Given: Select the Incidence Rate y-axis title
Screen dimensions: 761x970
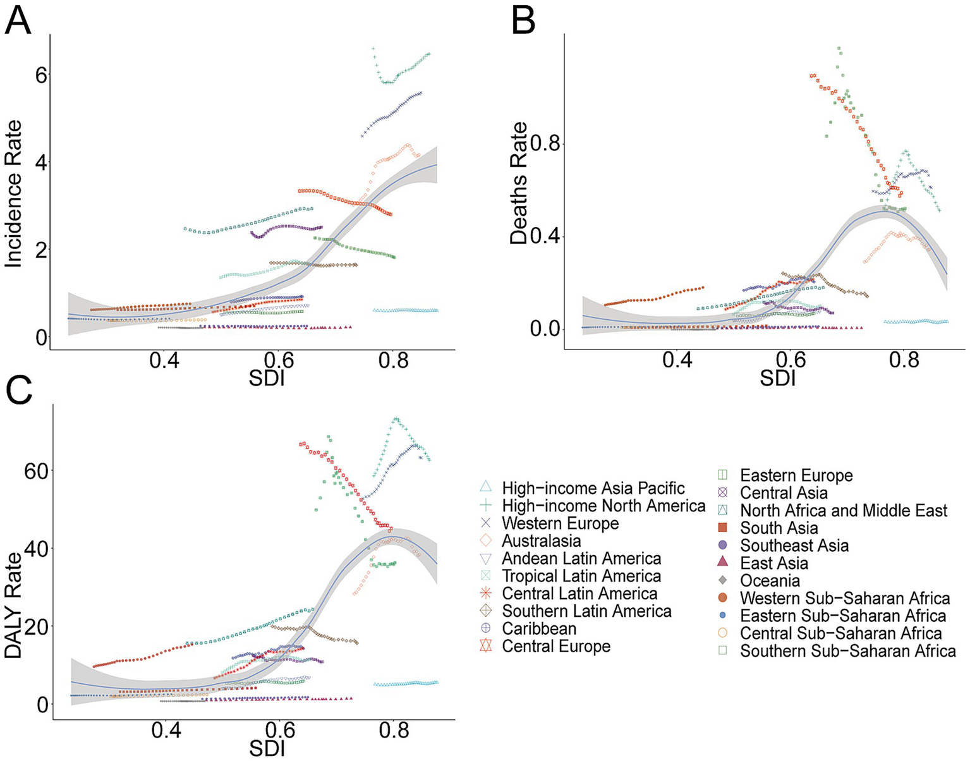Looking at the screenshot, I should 14,193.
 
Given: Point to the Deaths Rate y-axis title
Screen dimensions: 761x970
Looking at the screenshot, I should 519,183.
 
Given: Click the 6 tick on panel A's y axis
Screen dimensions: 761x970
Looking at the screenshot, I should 41,75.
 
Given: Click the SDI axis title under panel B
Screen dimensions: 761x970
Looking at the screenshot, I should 777,379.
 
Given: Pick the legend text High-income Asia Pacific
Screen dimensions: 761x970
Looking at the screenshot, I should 593,488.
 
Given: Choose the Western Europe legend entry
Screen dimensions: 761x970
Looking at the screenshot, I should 560,523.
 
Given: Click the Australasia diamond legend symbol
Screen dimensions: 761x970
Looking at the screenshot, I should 485,541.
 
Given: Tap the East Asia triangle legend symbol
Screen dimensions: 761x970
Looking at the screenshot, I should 724,563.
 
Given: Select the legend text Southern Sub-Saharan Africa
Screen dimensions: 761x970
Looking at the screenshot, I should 848,650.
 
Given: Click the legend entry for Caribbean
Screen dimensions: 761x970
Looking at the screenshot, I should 539,629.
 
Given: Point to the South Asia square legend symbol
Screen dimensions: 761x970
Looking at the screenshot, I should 724,528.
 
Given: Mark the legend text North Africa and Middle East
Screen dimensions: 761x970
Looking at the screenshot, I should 844,510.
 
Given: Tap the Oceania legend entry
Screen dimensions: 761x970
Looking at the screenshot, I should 770,580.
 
